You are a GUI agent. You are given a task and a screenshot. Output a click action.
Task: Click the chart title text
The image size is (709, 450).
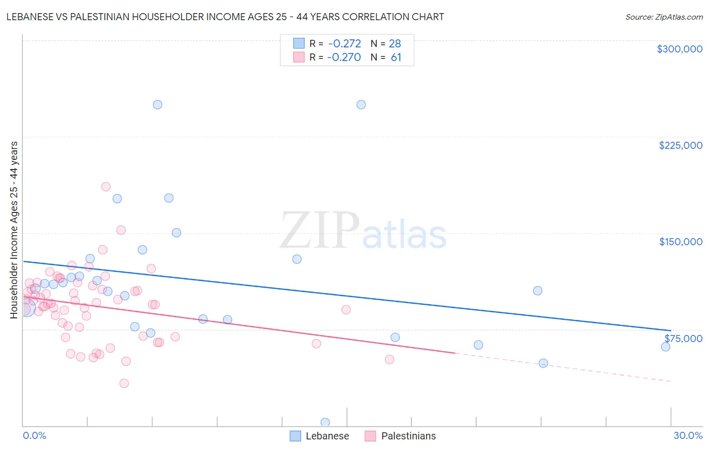(x=225, y=17)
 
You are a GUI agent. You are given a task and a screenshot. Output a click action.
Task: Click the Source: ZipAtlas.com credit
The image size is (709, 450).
(x=664, y=17)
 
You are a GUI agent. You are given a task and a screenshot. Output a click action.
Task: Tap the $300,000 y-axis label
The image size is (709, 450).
(x=679, y=49)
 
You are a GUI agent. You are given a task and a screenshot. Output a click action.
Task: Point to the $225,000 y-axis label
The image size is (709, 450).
(x=680, y=145)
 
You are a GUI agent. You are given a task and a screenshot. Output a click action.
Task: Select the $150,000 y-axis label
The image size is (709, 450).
(x=680, y=242)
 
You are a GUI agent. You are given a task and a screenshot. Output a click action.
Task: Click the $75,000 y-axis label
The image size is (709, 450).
(x=683, y=339)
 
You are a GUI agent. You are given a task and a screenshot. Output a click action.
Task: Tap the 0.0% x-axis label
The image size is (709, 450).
(x=34, y=435)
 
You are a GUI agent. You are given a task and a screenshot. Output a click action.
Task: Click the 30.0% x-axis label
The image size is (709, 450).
(x=688, y=435)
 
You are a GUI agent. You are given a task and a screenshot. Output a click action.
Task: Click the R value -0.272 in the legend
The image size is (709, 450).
(x=344, y=44)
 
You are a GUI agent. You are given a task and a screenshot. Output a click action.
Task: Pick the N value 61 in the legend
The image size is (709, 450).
(x=396, y=58)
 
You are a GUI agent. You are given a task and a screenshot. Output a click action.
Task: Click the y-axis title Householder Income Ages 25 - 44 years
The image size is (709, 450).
(x=14, y=230)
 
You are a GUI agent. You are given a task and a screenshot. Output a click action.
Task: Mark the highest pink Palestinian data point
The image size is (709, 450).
(x=106, y=187)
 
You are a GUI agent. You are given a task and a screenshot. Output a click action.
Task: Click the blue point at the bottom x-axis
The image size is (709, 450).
(x=325, y=422)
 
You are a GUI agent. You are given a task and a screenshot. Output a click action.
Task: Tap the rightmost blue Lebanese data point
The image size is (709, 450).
(x=666, y=347)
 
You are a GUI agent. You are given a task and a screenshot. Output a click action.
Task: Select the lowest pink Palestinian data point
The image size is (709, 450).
(x=124, y=383)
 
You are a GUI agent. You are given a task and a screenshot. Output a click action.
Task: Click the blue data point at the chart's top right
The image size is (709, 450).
(x=361, y=105)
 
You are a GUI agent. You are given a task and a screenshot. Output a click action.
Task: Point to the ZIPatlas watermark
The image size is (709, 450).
(x=363, y=231)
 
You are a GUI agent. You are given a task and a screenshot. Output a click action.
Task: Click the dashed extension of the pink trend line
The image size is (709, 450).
(x=565, y=367)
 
